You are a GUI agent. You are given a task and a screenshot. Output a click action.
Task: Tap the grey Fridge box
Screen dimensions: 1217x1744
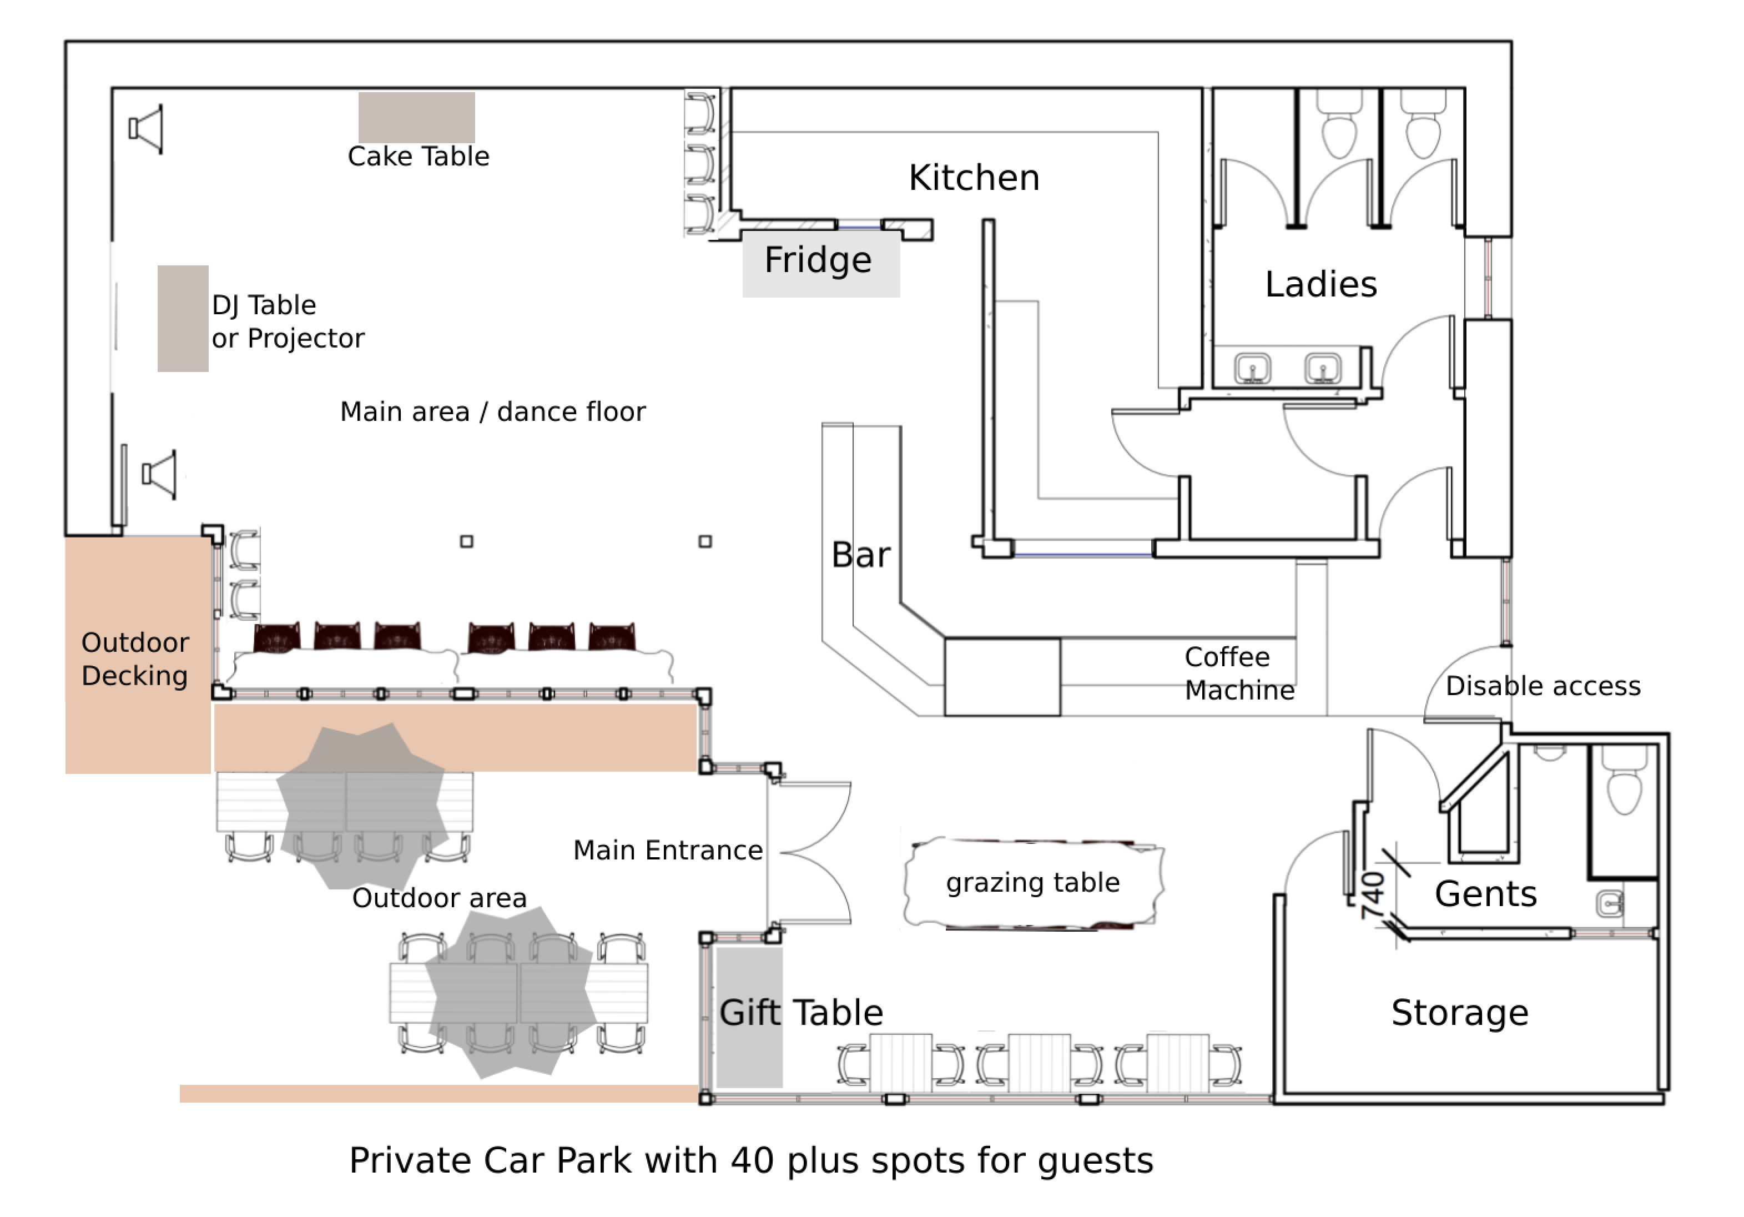(820, 262)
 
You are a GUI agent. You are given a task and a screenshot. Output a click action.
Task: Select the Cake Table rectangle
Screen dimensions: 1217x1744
(416, 118)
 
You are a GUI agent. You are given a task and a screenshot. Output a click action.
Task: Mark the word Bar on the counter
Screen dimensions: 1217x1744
(860, 555)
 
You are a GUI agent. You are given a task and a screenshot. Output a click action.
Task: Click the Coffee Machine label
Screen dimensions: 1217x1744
(1238, 673)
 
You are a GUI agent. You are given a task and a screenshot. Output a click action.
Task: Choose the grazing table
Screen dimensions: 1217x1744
(1033, 883)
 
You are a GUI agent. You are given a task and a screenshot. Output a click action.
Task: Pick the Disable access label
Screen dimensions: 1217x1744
(1543, 686)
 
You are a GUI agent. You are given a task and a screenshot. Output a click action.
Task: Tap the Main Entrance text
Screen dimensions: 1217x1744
(668, 850)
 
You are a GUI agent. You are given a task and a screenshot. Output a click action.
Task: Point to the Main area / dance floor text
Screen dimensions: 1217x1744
(492, 412)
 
